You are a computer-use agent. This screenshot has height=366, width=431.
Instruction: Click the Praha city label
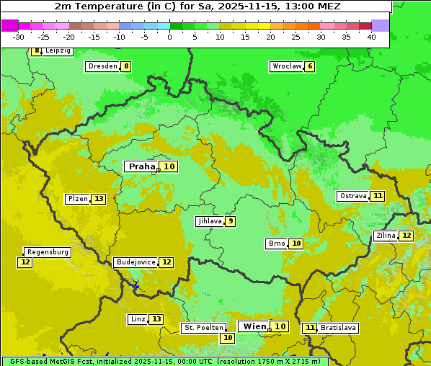click(x=141, y=166)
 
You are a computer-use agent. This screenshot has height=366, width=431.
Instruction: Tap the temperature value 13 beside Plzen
click(x=98, y=199)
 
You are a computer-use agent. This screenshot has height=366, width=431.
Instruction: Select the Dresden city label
click(x=102, y=66)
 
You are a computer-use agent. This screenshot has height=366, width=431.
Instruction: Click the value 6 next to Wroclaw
click(x=309, y=66)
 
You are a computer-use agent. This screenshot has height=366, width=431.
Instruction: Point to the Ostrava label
click(x=352, y=196)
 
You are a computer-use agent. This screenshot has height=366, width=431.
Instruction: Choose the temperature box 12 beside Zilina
click(x=406, y=236)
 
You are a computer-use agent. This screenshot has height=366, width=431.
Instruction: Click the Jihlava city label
click(x=209, y=221)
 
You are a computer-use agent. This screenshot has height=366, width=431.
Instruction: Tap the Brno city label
click(x=276, y=244)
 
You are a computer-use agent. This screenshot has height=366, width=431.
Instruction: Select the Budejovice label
click(x=135, y=262)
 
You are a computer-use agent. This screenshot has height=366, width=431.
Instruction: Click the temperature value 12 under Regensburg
click(x=25, y=262)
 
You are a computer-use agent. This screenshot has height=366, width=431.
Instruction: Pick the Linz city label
click(x=137, y=319)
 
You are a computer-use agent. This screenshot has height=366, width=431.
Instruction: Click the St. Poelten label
click(x=204, y=328)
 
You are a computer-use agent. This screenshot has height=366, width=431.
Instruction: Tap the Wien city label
click(x=254, y=326)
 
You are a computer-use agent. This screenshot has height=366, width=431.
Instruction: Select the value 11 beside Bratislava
click(x=310, y=328)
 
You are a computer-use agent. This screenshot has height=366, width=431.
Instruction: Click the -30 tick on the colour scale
click(x=19, y=37)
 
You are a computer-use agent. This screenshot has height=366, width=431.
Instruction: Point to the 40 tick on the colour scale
click(x=371, y=37)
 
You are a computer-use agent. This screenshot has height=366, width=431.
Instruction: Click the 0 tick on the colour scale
click(x=170, y=37)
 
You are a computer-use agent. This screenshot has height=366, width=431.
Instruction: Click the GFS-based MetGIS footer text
click(x=164, y=361)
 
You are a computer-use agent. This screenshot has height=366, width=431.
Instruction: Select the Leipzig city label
click(x=58, y=51)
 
